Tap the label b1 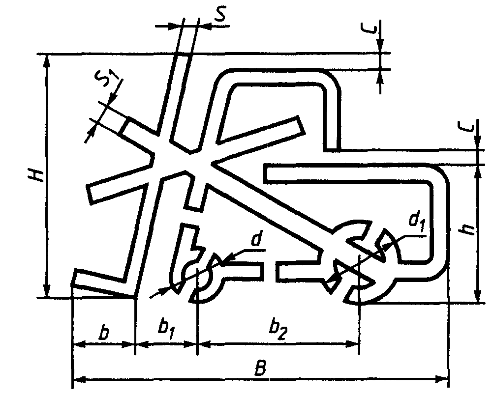166,328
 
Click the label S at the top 220,15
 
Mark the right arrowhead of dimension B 443,379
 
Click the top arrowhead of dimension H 47,60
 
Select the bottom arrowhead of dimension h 476,297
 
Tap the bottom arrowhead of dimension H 47,291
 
